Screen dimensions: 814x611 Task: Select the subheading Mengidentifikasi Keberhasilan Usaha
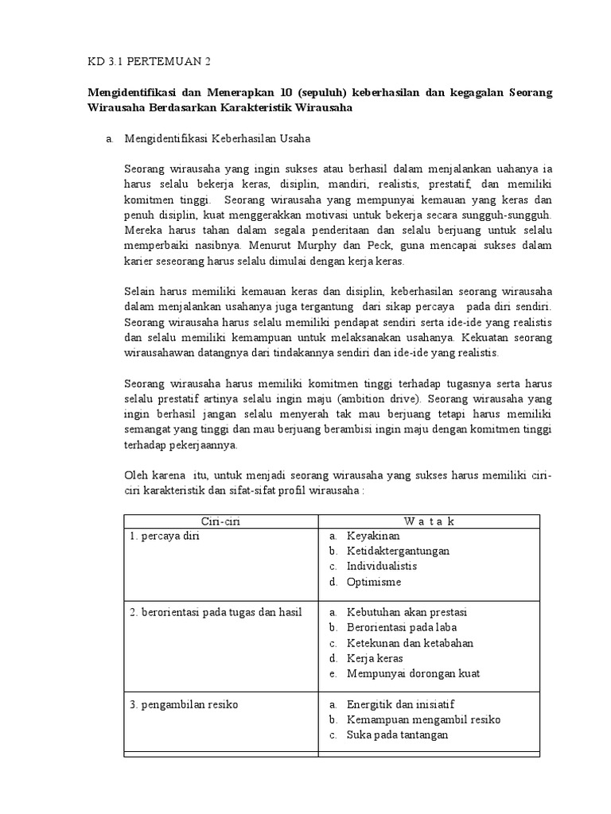coord(217,138)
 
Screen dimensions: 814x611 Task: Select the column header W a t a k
coord(429,521)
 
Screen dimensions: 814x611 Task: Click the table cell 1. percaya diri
coord(164,537)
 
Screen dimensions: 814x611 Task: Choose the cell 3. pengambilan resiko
coord(184,704)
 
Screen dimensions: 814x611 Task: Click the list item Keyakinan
coord(373,537)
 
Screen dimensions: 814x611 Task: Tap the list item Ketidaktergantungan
coord(398,551)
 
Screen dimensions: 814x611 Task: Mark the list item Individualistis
coord(381,566)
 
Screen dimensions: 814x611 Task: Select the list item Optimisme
coord(374,582)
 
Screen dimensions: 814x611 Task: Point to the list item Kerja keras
coord(375,658)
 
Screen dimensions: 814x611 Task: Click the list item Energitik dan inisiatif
coord(399,704)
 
